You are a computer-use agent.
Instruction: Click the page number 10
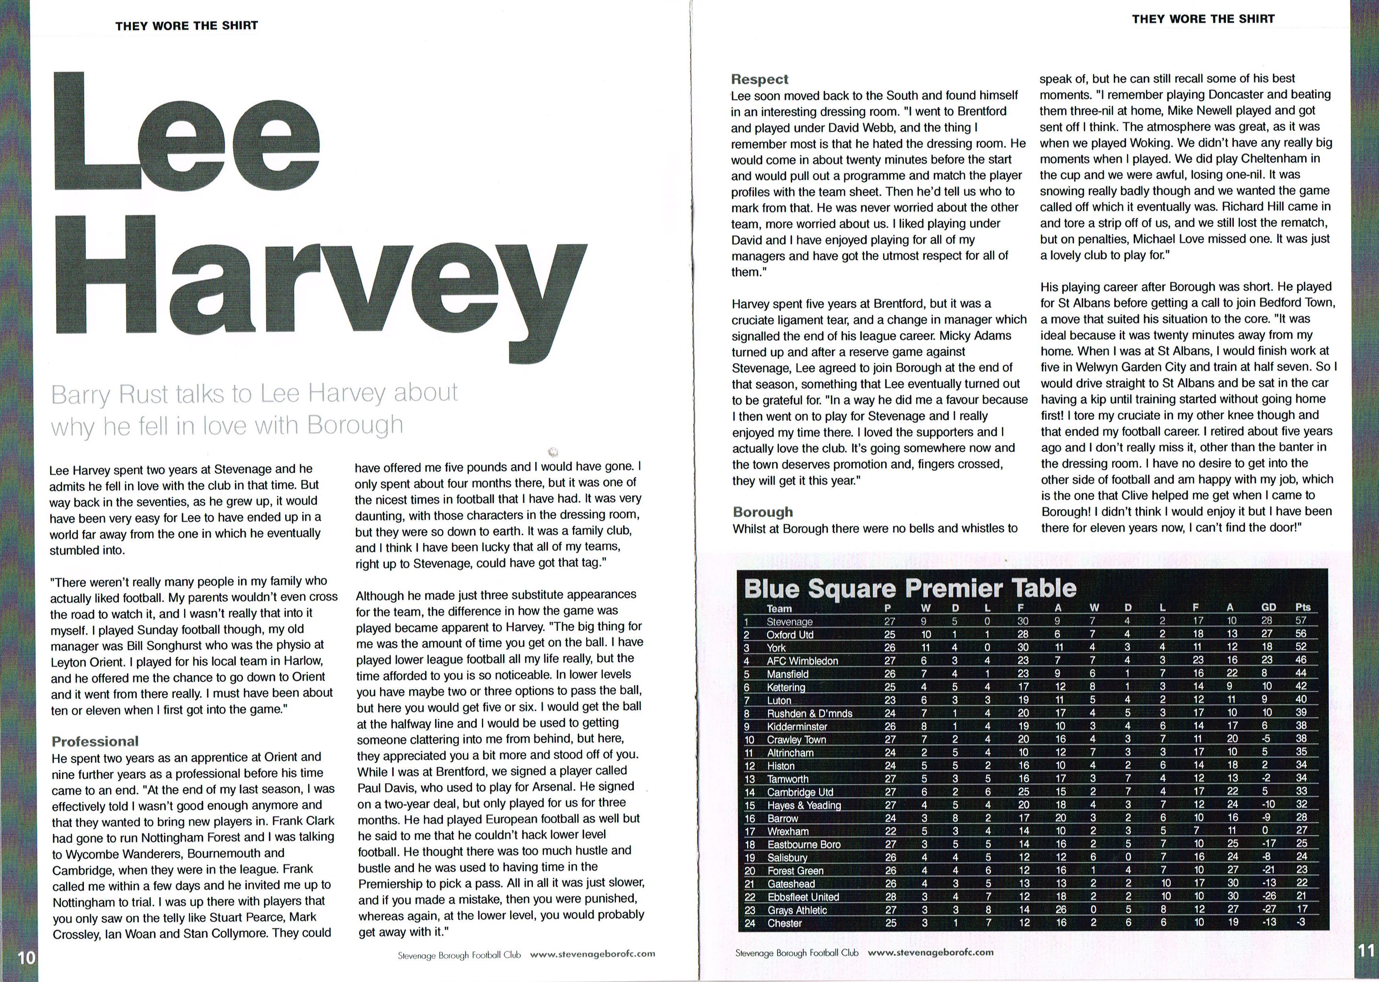27,957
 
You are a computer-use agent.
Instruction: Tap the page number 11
1366,950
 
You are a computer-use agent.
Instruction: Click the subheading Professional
95,741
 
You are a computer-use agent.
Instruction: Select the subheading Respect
759,79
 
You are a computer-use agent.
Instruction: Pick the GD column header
1268,607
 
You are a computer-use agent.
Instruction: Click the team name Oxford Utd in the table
790,635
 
